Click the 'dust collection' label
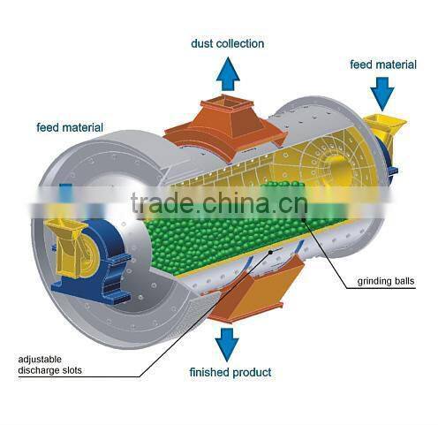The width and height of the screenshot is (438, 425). tap(227, 42)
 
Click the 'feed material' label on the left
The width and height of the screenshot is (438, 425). tap(70, 127)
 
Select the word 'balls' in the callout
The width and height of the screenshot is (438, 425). tap(402, 282)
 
